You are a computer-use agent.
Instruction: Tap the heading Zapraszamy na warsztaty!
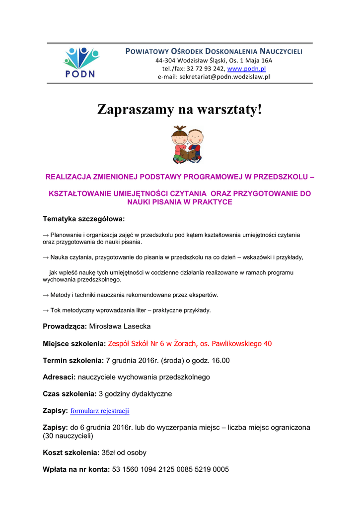click(x=179, y=109)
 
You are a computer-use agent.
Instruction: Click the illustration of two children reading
click(x=187, y=144)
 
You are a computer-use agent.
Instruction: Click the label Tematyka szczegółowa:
click(x=84, y=218)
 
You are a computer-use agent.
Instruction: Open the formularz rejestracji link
click(x=100, y=411)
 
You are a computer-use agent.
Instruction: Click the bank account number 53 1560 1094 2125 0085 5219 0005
click(x=170, y=469)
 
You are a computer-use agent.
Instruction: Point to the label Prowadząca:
click(x=65, y=326)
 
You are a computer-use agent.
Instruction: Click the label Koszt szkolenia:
click(x=71, y=452)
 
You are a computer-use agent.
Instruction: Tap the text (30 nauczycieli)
click(x=68, y=436)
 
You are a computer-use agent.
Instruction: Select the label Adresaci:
click(x=59, y=377)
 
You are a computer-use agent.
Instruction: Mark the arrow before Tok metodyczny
click(x=46, y=311)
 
